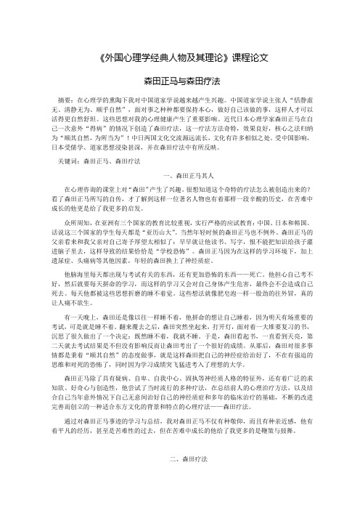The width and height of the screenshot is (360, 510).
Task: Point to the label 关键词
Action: pos(67,158)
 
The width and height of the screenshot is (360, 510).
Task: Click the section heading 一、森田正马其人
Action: pos(179,176)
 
